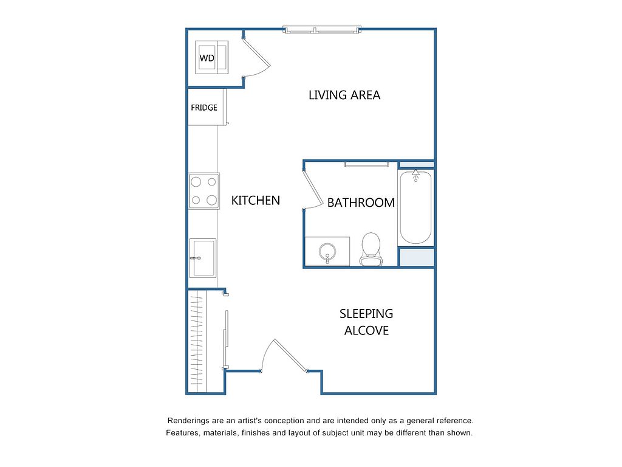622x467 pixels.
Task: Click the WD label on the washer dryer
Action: [207, 58]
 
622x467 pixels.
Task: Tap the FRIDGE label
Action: [204, 108]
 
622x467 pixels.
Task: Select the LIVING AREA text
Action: [344, 95]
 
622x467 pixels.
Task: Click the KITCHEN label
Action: [256, 201]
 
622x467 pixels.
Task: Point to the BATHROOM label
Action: [361, 203]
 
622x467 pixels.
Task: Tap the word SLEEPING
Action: [366, 314]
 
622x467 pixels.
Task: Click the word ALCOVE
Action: [366, 330]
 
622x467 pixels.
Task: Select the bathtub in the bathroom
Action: [415, 207]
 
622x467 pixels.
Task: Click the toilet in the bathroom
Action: [371, 249]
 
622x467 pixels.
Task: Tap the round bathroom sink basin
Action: [327, 252]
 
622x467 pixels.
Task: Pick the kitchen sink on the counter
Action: [203, 258]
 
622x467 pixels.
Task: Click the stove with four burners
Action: [204, 191]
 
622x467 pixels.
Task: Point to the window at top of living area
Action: [322, 30]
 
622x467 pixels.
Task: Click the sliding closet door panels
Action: [226, 339]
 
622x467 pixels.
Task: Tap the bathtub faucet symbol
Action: [415, 175]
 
